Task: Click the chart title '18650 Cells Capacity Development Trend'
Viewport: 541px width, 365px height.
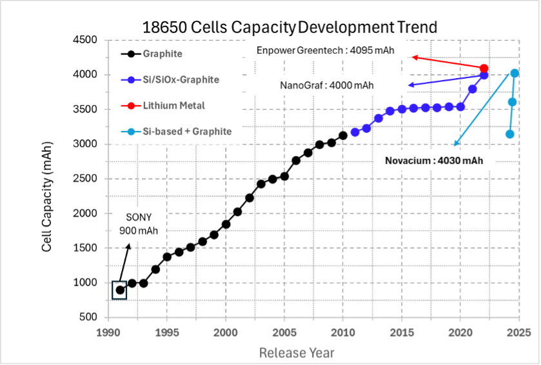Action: [290, 27]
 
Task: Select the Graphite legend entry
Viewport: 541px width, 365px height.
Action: [162, 54]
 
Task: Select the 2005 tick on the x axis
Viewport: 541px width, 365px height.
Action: [284, 331]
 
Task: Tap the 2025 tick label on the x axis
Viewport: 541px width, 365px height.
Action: [518, 331]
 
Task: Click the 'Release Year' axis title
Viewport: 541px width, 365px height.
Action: [297, 353]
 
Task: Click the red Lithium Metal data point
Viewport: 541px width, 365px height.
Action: [484, 68]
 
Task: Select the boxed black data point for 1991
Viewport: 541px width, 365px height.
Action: [120, 290]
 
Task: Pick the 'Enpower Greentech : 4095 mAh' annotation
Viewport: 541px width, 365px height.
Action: [326, 51]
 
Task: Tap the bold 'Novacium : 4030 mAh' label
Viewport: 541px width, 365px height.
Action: [433, 161]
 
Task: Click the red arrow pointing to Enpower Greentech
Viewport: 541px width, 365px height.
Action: [448, 63]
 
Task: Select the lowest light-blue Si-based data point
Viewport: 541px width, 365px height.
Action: [509, 134]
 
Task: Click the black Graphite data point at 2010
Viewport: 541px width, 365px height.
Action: [343, 135]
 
